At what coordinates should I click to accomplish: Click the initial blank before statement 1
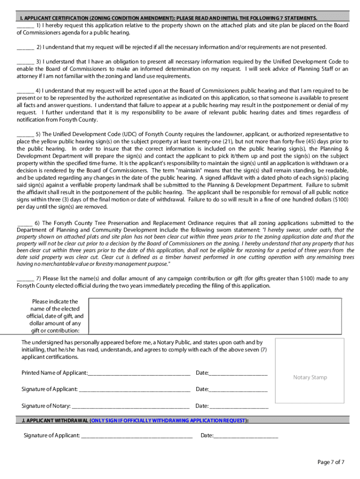tap(25, 26)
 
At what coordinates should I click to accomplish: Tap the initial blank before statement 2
tap(25, 48)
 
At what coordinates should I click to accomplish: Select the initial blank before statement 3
tap(25, 62)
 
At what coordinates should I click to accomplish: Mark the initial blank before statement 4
tap(25, 91)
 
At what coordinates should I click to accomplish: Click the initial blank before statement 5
tap(25, 135)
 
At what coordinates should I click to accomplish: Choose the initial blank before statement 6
tap(24, 224)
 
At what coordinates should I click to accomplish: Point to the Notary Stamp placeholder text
tap(310, 377)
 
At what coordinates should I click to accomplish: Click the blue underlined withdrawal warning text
tap(168, 421)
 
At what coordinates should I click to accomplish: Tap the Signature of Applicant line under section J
tap(137, 436)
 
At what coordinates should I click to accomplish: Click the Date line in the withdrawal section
tap(245, 436)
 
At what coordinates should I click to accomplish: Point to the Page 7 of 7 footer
tap(331, 463)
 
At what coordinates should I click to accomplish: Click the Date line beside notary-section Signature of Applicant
tap(238, 390)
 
